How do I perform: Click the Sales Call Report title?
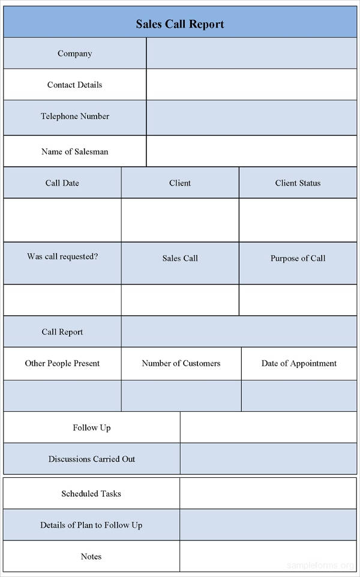click(180, 24)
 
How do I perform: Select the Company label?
click(74, 53)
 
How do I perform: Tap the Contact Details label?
click(74, 85)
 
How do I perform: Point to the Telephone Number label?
click(75, 116)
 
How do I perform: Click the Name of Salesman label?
click(74, 152)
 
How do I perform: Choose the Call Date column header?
click(62, 183)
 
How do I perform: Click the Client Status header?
click(298, 183)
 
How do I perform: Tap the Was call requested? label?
click(62, 256)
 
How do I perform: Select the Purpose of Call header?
click(298, 258)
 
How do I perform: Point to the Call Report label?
click(62, 332)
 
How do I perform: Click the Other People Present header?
click(62, 363)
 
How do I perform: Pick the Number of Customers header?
click(181, 363)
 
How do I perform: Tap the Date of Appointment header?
click(299, 364)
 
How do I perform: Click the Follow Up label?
click(92, 427)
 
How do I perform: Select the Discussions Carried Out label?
click(92, 459)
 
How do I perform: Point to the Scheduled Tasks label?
click(91, 494)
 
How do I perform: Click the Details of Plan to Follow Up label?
click(91, 525)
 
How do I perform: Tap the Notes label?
click(91, 557)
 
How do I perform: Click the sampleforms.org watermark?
click(320, 565)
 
